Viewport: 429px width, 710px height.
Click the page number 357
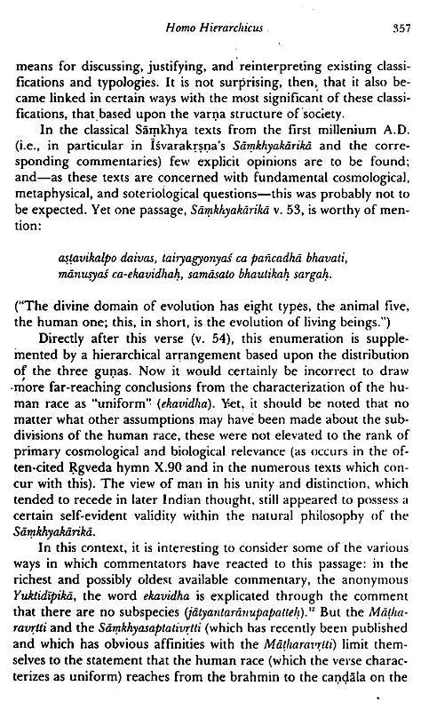(403, 31)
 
